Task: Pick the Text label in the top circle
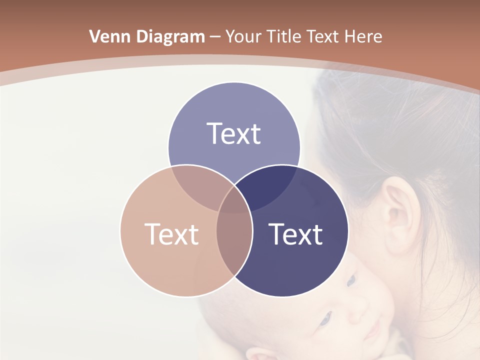click(x=234, y=134)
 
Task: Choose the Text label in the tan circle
click(x=171, y=234)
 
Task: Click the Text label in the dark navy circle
click(x=296, y=234)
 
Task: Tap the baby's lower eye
click(x=325, y=318)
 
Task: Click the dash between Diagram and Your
click(x=215, y=36)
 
